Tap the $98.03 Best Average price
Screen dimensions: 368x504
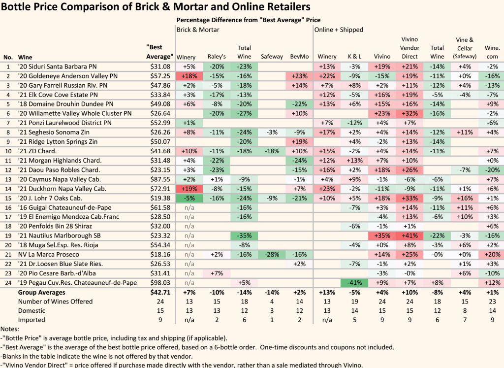[159, 282]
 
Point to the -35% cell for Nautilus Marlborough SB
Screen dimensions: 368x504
[244, 236]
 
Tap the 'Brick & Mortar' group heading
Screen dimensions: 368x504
[198, 30]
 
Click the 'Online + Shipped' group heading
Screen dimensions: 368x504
[340, 30]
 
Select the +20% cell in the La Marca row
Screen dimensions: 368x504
[491, 255]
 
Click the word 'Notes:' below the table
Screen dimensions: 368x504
[9, 329]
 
